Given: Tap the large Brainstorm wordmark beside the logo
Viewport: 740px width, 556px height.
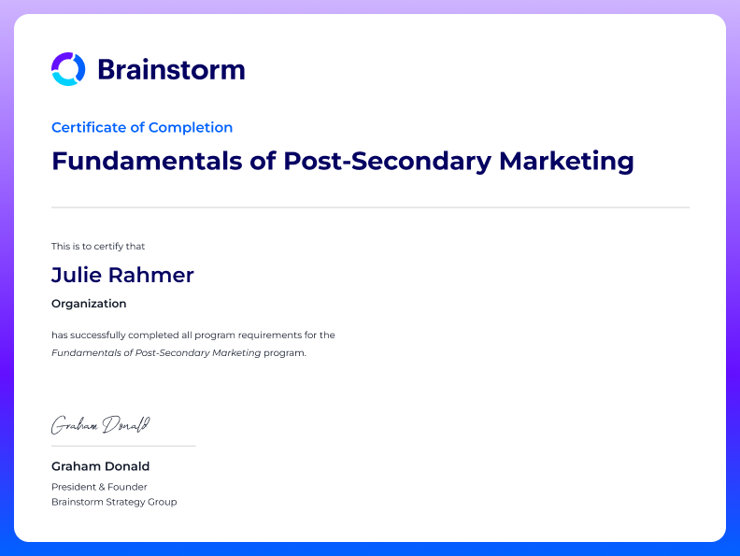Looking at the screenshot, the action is pos(171,70).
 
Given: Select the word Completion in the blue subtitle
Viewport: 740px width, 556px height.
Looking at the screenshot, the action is pos(191,128).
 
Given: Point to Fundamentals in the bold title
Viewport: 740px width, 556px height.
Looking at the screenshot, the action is pos(147,161).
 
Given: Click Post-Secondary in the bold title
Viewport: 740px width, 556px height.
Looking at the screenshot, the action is pos(388,162).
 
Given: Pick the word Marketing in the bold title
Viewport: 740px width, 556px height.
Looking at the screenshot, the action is pos(566,162).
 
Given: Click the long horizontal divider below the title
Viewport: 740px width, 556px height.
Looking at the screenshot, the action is pos(371,207).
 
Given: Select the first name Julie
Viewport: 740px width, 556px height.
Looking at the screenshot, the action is pos(77,275).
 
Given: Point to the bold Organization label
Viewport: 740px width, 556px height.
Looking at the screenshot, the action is pos(89,304).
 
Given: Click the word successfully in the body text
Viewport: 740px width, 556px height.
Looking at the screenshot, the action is pos(98,335).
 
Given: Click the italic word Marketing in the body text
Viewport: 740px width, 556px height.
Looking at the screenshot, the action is pos(236,352).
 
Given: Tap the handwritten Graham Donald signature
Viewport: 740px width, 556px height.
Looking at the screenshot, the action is pos(101,425).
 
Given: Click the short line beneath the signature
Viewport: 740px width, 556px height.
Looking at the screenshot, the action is pos(123,446).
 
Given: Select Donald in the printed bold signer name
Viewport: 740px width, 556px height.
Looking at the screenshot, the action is pos(129,466).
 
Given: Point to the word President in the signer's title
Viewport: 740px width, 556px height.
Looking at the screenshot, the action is pos(72,487).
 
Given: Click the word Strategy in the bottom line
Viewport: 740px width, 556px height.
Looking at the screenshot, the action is pos(125,502).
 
